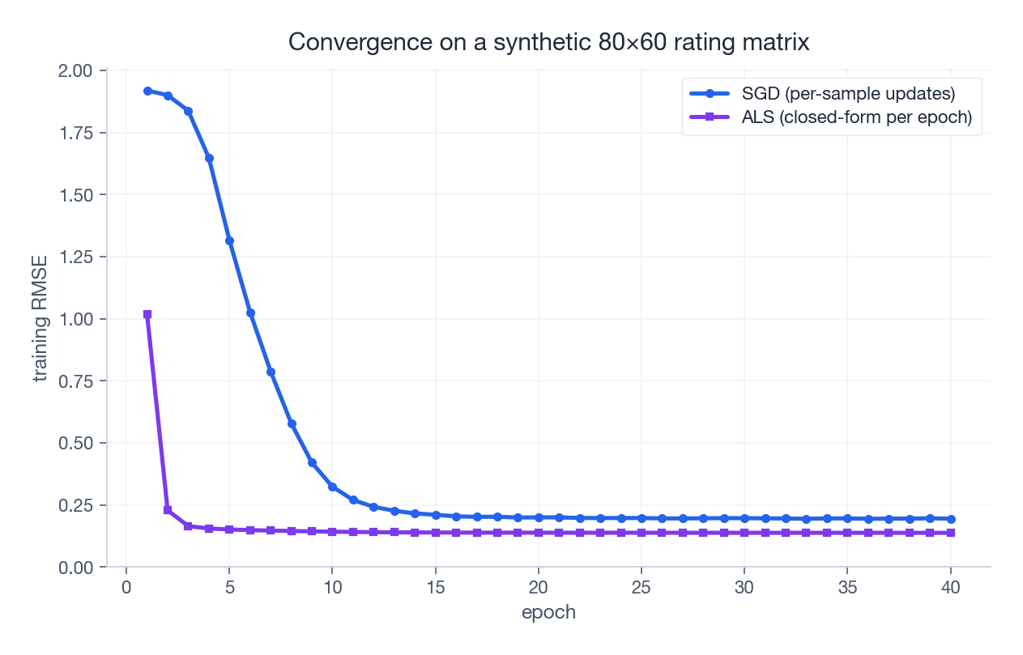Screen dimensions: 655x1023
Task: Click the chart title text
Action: click(548, 42)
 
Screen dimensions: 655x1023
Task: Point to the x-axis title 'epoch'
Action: click(548, 612)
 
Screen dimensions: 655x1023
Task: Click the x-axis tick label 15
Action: click(436, 587)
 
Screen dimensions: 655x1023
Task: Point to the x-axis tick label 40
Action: click(950, 587)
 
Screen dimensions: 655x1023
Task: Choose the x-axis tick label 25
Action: click(642, 587)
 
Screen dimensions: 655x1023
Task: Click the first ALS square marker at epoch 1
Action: click(147, 314)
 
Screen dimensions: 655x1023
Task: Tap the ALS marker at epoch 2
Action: click(168, 510)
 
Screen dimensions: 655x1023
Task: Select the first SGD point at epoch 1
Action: click(147, 91)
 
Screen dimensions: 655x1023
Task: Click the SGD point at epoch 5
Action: click(229, 241)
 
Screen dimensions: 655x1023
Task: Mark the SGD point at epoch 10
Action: click(333, 487)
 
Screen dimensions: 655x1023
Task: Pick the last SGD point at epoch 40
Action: click(950, 519)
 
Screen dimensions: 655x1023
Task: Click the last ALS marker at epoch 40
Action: click(950, 533)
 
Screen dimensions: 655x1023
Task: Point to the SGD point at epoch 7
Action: click(271, 372)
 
